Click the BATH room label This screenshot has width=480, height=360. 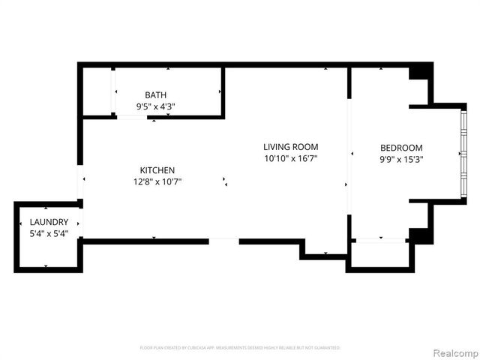[x=156, y=94]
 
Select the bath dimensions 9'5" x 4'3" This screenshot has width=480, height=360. [x=156, y=106]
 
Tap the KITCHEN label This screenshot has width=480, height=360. [x=157, y=170]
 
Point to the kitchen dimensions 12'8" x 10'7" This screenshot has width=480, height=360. [x=157, y=181]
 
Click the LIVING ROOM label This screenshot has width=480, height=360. [x=290, y=147]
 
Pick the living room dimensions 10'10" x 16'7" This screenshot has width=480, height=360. [x=290, y=158]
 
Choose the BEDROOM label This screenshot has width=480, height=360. [x=401, y=148]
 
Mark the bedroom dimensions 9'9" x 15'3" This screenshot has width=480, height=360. [x=401, y=159]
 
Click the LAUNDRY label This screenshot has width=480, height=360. [x=49, y=222]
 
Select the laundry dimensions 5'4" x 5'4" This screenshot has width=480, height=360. [x=49, y=233]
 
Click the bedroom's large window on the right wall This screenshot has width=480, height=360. [x=463, y=154]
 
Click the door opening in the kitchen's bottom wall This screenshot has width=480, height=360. [x=223, y=241]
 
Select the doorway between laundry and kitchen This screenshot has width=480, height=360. [x=79, y=222]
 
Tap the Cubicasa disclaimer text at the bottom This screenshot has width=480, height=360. [x=240, y=348]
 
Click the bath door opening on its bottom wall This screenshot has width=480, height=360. [x=132, y=117]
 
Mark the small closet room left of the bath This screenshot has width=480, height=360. [x=97, y=91]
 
